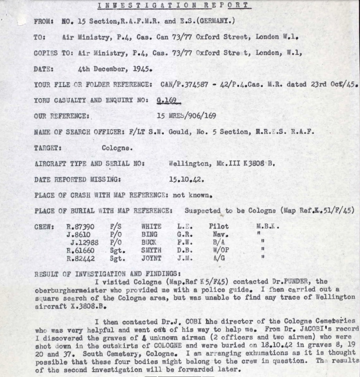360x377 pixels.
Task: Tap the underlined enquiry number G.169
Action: coord(168,100)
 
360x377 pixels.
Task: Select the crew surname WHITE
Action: coord(151,227)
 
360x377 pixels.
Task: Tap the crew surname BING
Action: coord(149,234)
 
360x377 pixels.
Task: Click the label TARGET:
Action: coord(47,147)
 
